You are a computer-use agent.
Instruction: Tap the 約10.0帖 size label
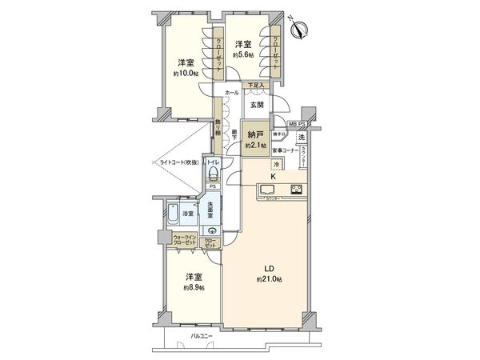pyautogui.click(x=186, y=73)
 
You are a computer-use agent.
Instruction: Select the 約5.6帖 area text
pyautogui.click(x=243, y=56)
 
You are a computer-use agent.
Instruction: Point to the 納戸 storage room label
pyautogui.click(x=256, y=134)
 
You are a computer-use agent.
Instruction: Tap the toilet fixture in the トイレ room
pyautogui.click(x=214, y=172)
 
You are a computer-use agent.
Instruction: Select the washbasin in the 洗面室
pyautogui.click(x=211, y=231)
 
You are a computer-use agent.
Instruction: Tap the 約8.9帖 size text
pyautogui.click(x=193, y=287)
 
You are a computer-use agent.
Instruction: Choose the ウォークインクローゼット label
pyautogui.click(x=186, y=240)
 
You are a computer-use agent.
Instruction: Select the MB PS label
pyautogui.click(x=298, y=124)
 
